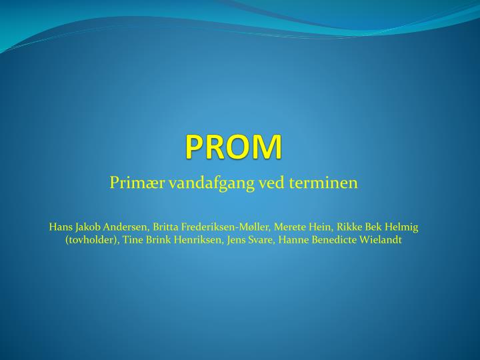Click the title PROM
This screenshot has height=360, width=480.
(233, 146)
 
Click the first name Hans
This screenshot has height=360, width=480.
(60, 227)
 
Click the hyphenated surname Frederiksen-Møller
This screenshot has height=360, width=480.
(227, 227)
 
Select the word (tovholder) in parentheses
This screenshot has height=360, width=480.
(93, 240)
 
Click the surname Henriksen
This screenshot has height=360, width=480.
(199, 240)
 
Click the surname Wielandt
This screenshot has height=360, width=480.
(382, 240)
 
